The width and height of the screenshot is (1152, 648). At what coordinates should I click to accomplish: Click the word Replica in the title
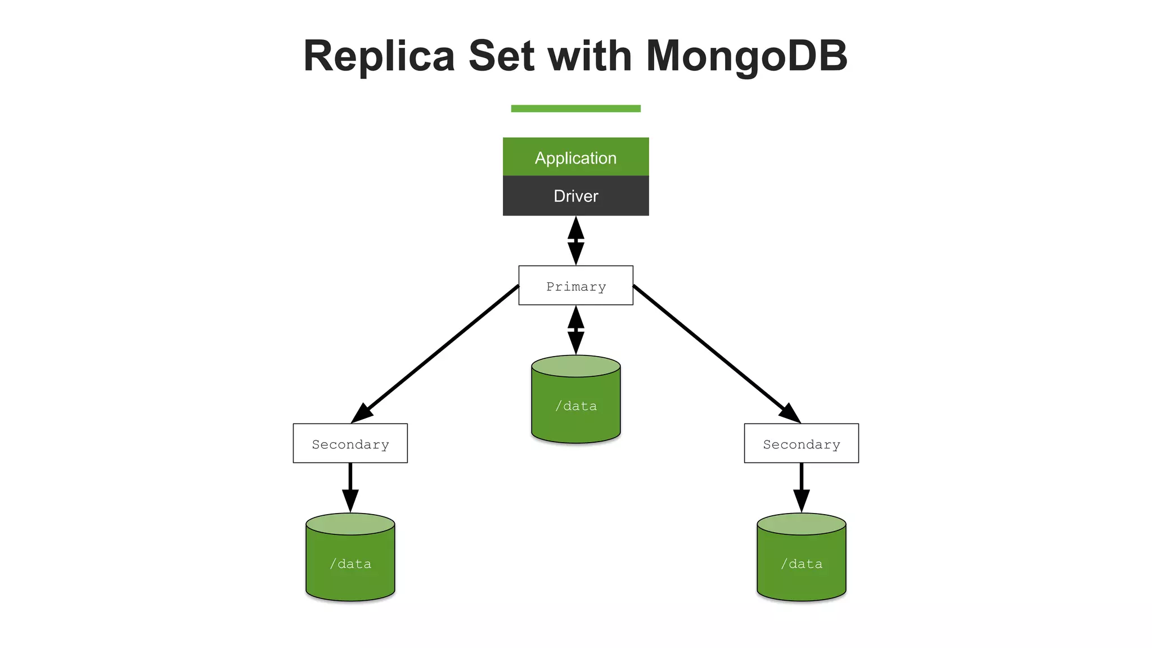point(379,56)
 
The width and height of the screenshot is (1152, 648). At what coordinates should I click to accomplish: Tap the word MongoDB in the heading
point(746,56)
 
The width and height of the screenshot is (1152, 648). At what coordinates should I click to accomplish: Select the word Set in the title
point(501,56)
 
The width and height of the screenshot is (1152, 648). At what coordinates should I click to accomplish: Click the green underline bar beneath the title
point(575,109)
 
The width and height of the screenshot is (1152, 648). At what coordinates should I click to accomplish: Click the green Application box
point(575,157)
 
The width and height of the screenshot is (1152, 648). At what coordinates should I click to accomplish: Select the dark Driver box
point(575,196)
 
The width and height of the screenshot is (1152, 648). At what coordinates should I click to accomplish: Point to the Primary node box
point(575,286)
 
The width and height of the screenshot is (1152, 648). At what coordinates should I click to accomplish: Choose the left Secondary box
point(350,444)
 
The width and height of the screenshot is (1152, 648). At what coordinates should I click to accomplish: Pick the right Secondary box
point(801,444)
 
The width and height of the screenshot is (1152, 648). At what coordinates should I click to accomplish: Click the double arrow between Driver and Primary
point(575,241)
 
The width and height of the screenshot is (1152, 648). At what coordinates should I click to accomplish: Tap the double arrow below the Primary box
point(575,330)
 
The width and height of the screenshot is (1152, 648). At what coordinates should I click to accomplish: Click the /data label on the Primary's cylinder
point(575,406)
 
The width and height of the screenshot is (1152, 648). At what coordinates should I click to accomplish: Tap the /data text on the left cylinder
point(350,564)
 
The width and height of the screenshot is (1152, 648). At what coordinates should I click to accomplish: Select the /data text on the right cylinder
point(801,564)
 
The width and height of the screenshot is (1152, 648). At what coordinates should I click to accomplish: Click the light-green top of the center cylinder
point(575,366)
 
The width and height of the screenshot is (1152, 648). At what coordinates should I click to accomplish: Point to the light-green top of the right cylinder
point(801,524)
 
